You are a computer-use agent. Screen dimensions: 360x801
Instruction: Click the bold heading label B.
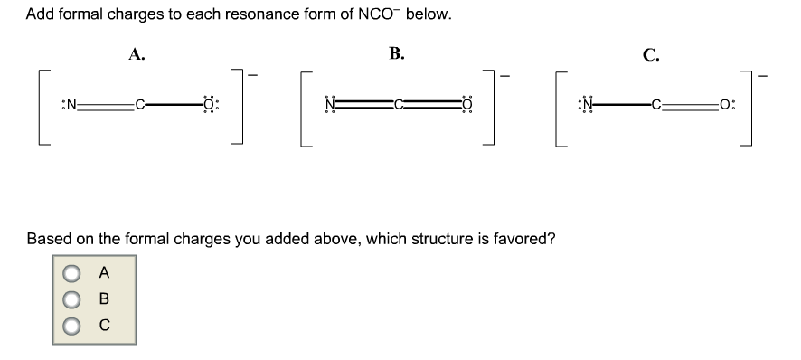pos(396,52)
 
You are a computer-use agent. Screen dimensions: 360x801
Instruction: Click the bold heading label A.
pos(137,52)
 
